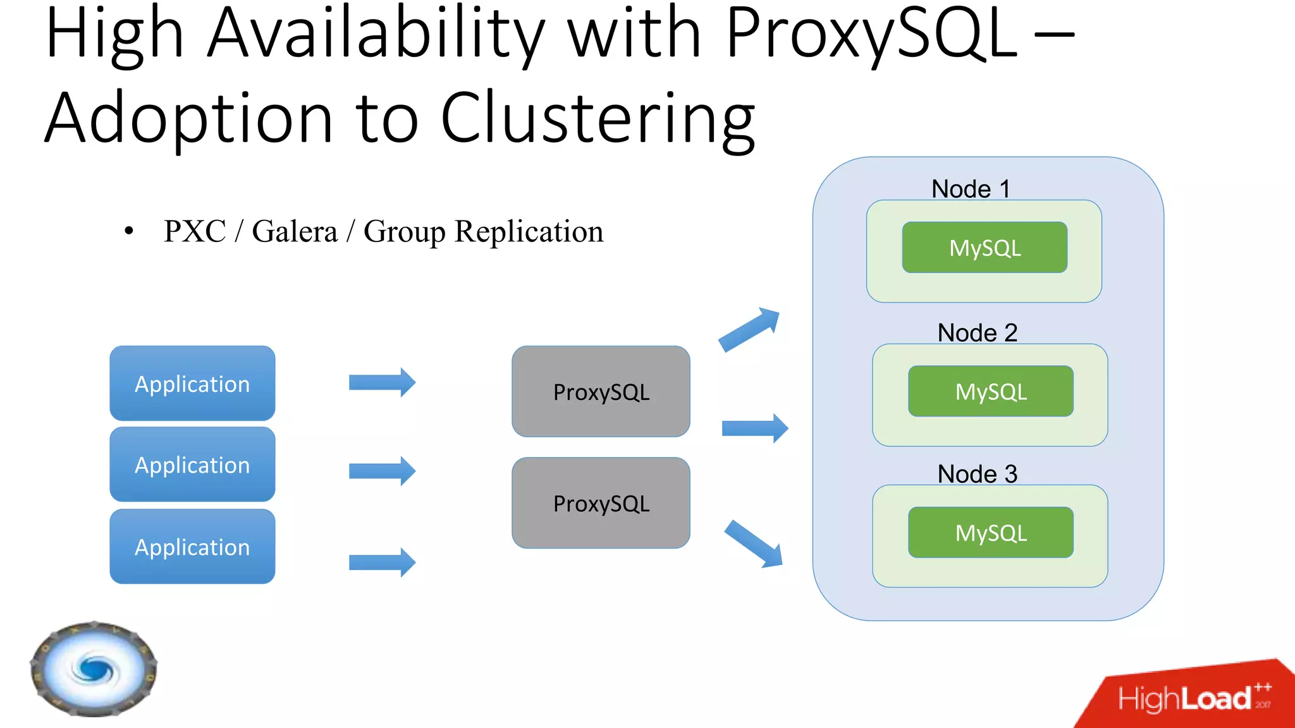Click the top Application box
pos(192,383)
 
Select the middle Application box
pos(192,464)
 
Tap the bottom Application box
pos(192,547)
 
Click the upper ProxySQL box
pos(601,391)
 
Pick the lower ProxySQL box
pos(601,503)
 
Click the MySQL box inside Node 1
pos(985,248)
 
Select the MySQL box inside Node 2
pos(990,391)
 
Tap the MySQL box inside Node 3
pos(990,533)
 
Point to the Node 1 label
pos(971,189)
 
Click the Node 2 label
pos(977,332)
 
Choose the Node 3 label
pos(977,474)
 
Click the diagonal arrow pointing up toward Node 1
pos(750,329)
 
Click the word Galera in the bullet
pos(295,231)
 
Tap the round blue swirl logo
pos(94,669)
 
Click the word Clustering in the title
pos(598,119)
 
